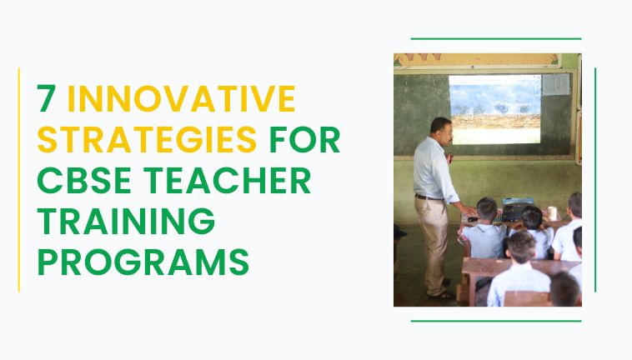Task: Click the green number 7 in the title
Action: [47, 98]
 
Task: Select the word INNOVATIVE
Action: [182, 98]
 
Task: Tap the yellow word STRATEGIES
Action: [147, 139]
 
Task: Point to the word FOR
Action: [304, 139]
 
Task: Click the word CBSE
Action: [84, 180]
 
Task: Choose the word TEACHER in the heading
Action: [228, 180]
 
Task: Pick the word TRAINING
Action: [126, 221]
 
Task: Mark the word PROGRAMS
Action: [143, 262]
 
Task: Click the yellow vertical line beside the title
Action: [19, 180]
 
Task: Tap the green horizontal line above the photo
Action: [496, 38]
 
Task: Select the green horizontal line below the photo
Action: [496, 321]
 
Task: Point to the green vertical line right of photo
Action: [595, 180]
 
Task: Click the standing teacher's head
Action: [441, 129]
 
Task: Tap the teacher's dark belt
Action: [429, 197]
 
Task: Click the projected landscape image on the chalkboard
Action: [495, 109]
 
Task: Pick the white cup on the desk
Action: [552, 213]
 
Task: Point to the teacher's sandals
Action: [441, 293]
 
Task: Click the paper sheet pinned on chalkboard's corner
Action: [556, 84]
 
